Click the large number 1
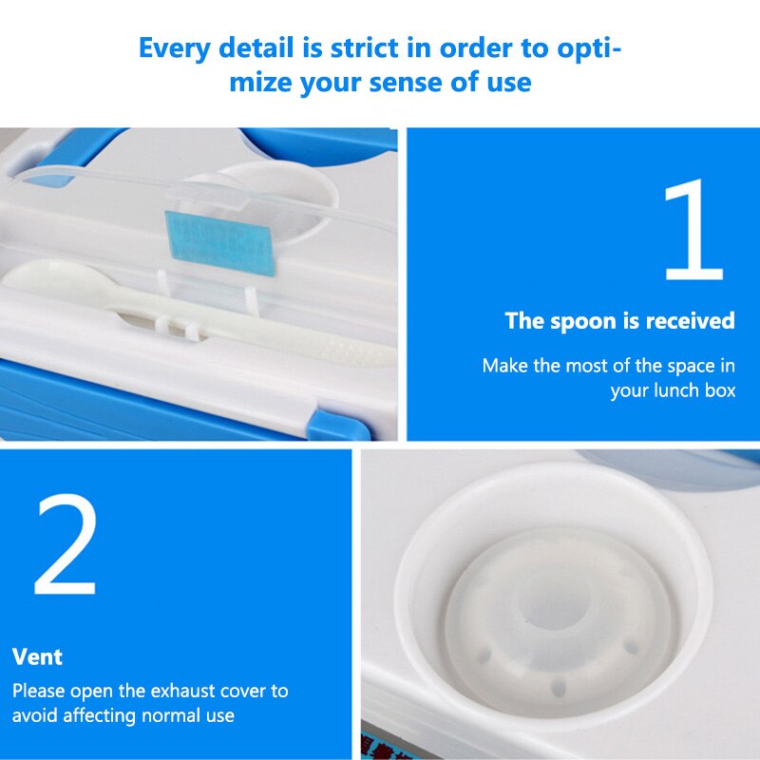(693, 230)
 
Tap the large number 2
(66, 545)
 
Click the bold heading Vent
(38, 656)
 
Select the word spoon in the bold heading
(581, 321)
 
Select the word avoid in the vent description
(36, 715)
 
